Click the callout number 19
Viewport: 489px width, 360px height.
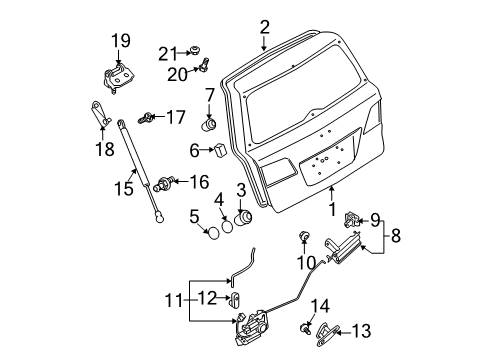[x=121, y=41]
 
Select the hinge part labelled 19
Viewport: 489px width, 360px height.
[x=116, y=79]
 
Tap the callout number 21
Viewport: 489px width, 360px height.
[x=168, y=54]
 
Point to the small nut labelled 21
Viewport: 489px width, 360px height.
[x=194, y=51]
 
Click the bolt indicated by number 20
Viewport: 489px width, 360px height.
[x=204, y=64]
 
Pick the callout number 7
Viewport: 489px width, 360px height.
[x=210, y=95]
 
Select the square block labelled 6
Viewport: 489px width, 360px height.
[x=220, y=150]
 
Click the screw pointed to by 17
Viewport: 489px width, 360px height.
[x=146, y=118]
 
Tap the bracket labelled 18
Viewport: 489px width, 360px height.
[x=100, y=114]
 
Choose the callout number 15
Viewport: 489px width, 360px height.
[x=124, y=188]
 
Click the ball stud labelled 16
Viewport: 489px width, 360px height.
[x=164, y=184]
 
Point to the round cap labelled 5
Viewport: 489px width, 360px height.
[x=213, y=233]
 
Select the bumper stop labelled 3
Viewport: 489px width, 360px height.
[x=244, y=218]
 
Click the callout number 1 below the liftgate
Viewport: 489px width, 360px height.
[x=332, y=209]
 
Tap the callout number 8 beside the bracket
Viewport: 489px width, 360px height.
[x=396, y=236]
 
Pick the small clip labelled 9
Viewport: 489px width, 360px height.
[x=351, y=219]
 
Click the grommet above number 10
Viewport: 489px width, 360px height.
[x=304, y=236]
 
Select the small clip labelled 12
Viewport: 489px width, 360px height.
[x=235, y=299]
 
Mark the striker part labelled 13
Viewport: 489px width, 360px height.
[x=326, y=334]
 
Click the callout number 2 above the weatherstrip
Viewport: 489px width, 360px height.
[x=264, y=27]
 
